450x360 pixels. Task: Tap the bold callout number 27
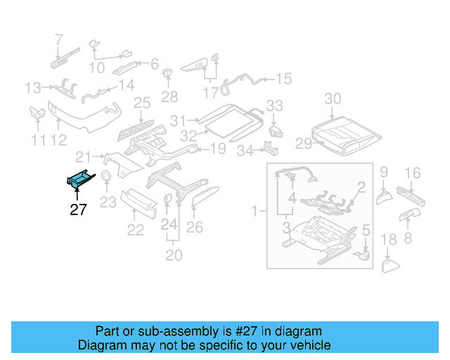click(78, 209)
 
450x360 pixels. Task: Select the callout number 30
click(333, 98)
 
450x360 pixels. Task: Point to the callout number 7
click(58, 39)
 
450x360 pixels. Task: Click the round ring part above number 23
click(106, 176)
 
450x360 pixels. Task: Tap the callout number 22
click(135, 229)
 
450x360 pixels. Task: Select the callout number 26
click(195, 226)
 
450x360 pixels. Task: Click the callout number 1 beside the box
click(255, 210)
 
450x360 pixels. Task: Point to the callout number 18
click(389, 241)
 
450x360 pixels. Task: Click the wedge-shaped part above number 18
click(391, 265)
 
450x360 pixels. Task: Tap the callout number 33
click(274, 105)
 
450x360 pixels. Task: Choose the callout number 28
click(169, 96)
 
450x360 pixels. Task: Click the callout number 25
click(142, 103)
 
